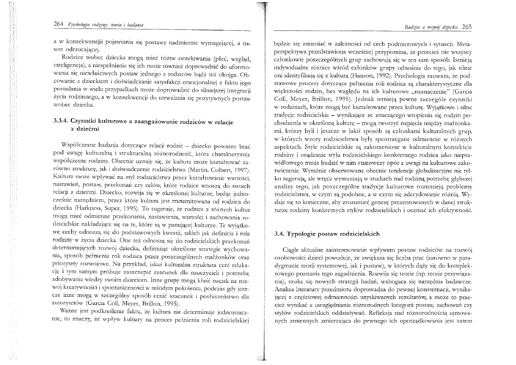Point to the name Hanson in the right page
point(362,75)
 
